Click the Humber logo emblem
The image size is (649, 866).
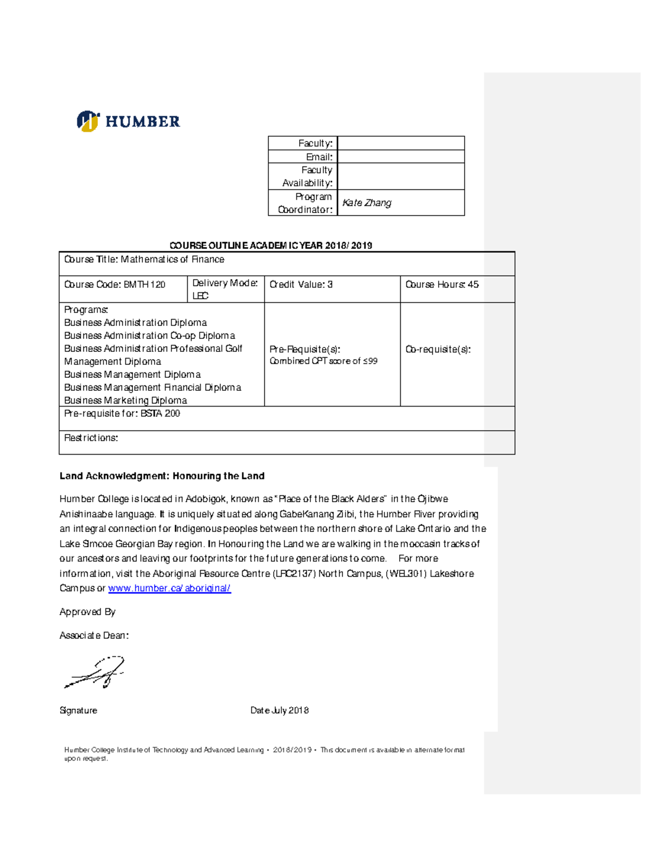88,121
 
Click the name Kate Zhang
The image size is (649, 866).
367,203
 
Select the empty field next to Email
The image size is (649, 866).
401,157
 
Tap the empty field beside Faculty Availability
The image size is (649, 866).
401,176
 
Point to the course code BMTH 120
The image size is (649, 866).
144,284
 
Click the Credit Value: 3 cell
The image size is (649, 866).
301,284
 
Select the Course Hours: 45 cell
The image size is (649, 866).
442,284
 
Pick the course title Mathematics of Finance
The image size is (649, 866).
172,259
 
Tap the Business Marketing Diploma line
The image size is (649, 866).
125,401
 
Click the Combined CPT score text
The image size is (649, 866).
323,361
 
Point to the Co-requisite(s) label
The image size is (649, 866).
438,349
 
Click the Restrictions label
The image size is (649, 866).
91,438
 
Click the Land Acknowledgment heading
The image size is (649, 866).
162,476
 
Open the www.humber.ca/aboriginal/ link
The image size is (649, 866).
169,588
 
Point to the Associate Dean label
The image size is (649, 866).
94,636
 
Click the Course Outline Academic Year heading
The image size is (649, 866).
270,245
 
